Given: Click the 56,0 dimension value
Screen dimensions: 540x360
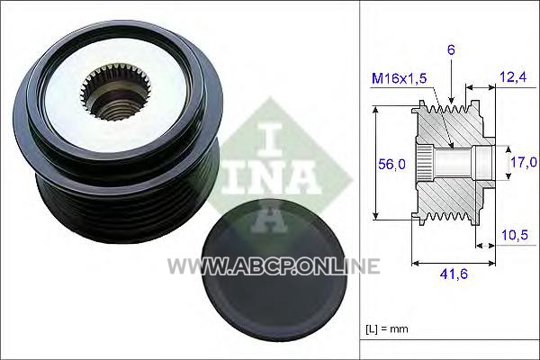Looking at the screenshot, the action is [x=391, y=165].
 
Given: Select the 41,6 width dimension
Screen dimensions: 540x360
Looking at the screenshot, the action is [x=454, y=274].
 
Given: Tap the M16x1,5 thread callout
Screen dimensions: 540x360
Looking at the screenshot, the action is [x=400, y=78].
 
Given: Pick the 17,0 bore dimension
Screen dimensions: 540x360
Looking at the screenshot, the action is [x=524, y=162].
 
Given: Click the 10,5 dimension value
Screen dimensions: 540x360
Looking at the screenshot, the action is [x=515, y=235].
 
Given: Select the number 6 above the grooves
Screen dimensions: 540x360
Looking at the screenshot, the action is [x=451, y=50].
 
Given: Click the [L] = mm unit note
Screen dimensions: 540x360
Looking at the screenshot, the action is [x=387, y=329].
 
